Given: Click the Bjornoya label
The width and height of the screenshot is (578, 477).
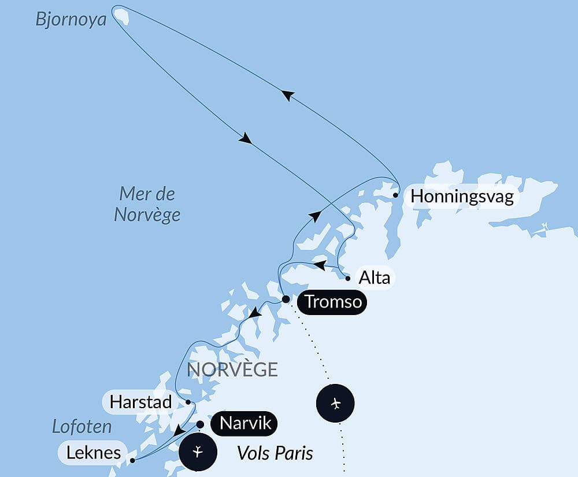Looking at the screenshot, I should tap(72, 19).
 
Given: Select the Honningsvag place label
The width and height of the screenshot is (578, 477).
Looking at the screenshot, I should tap(461, 197).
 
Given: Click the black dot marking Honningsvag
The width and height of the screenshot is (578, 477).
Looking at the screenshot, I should tap(395, 195).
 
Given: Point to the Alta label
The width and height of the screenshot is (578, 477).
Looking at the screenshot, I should tap(373, 278).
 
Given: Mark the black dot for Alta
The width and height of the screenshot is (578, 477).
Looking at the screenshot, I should tap(348, 279).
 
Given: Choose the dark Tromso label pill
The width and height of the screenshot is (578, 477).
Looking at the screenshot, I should tap(332, 302).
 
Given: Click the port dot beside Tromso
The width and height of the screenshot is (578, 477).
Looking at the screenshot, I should tap(286, 299).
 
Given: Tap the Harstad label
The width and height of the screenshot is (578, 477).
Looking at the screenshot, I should tap(140, 402).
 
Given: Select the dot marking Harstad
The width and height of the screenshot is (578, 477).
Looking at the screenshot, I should tap(188, 402).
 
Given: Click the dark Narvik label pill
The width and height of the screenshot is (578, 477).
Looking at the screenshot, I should tap(243, 424).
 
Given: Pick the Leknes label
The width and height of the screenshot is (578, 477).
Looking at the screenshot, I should tap(93, 452).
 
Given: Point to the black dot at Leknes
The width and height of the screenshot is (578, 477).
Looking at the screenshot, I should tap(132, 461).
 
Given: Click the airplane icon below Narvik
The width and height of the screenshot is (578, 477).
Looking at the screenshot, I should tap(198, 451).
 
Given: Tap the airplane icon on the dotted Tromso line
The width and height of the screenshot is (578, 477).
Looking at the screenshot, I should tap(336, 402).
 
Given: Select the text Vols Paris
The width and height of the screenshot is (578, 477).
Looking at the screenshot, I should tap(275, 453).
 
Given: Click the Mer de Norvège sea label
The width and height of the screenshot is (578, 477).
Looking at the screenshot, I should tap(147, 204).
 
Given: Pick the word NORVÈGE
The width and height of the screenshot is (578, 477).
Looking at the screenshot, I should tap(233, 369).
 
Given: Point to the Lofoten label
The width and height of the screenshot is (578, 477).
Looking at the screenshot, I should tap(81, 427).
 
